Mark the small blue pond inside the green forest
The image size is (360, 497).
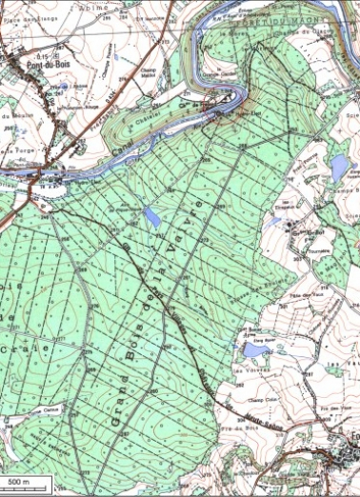[151, 218]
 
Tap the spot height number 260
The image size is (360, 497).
[152, 388]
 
